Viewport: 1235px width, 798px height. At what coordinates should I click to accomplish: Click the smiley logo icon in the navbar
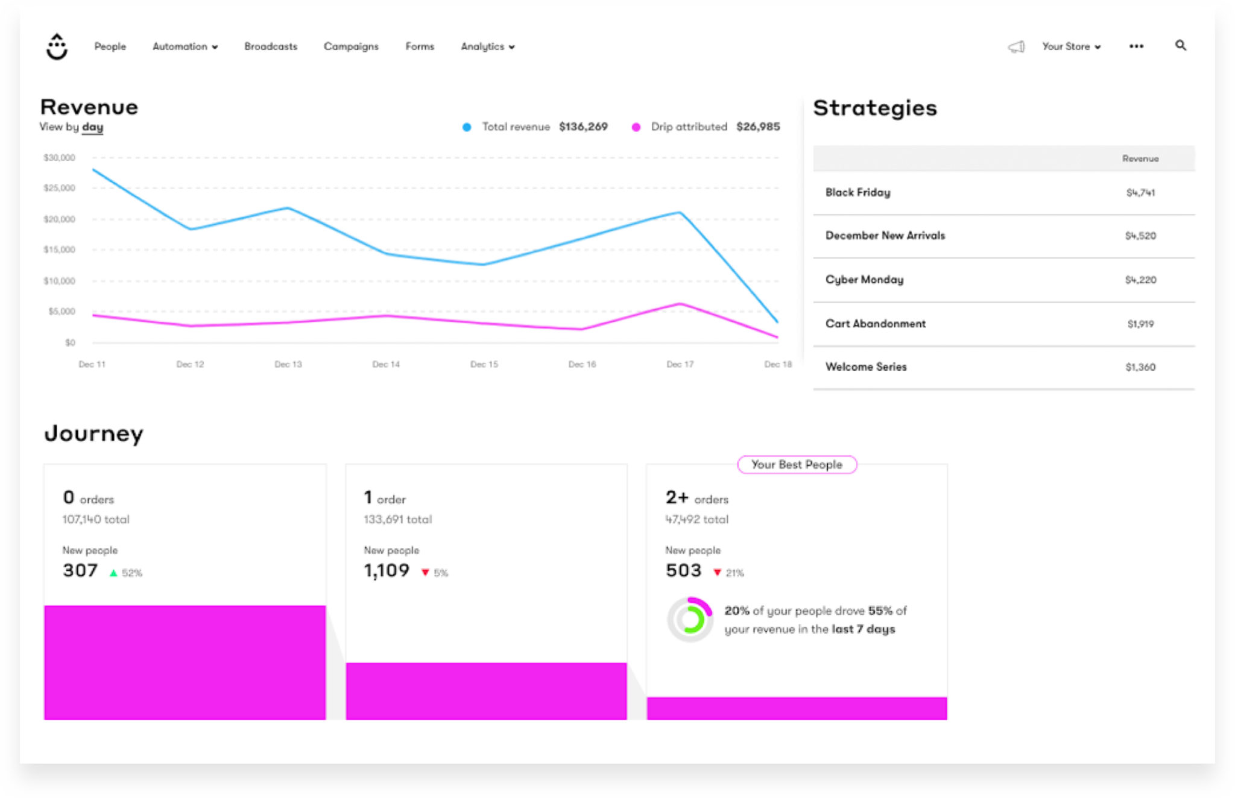[x=57, y=46]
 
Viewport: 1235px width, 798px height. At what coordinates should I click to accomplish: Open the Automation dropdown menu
[x=185, y=46]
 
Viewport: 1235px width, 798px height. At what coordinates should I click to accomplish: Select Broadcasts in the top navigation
[x=270, y=46]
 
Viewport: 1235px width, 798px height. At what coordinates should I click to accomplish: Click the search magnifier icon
[x=1180, y=45]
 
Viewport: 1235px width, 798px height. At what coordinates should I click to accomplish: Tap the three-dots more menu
[x=1136, y=46]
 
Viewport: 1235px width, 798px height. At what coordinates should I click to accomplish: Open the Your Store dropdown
[x=1070, y=46]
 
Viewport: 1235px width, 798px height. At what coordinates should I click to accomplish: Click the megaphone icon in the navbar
[x=1016, y=46]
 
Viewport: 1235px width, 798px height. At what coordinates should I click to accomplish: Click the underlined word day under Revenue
[x=92, y=127]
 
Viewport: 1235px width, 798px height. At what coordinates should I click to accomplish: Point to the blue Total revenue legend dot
[x=466, y=127]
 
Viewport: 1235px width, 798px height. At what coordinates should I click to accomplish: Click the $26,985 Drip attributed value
[x=757, y=127]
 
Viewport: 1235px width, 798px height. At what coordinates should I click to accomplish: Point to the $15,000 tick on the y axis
[x=59, y=250]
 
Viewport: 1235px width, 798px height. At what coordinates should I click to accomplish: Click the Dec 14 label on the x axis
[x=386, y=364]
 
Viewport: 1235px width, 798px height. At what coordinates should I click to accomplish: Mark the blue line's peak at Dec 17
[x=680, y=212]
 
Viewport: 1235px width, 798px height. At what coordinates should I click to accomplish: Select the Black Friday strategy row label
[x=858, y=192]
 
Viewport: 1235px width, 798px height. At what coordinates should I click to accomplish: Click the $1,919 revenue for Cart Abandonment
[x=1140, y=324]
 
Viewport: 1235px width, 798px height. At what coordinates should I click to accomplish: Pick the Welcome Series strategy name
[x=865, y=366]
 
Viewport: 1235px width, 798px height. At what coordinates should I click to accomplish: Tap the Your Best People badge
[x=796, y=465]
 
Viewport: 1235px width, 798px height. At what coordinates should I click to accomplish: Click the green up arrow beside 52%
[x=113, y=573]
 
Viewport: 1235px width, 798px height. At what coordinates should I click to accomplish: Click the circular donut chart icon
[x=690, y=619]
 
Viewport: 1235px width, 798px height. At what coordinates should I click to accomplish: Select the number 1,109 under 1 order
[x=386, y=570]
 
